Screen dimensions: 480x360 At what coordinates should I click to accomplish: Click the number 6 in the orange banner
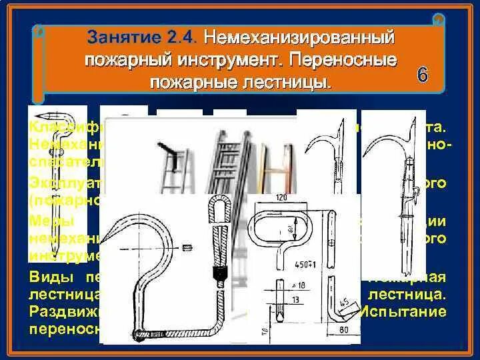click(x=423, y=74)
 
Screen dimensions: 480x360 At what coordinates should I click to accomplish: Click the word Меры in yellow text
click(x=49, y=221)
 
